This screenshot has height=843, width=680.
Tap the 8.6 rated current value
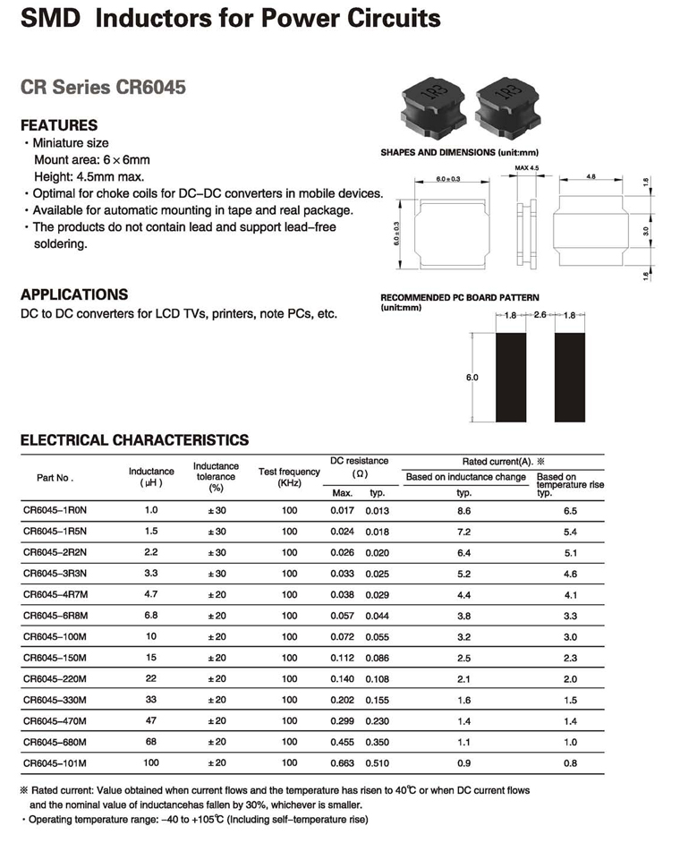click(x=464, y=510)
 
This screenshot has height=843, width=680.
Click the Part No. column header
click(x=55, y=478)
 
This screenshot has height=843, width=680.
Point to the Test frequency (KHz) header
click(x=289, y=477)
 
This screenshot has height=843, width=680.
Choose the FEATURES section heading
click(x=59, y=125)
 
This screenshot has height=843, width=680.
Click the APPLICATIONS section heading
click(x=74, y=294)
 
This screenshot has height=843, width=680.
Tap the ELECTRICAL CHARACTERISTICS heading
click(x=134, y=440)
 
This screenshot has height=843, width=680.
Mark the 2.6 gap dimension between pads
click(x=540, y=315)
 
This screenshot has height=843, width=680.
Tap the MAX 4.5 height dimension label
click(x=527, y=168)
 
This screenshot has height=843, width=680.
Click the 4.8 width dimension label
click(x=591, y=176)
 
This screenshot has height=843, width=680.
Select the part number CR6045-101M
click(x=55, y=763)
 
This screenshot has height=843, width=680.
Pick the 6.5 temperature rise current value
click(x=570, y=510)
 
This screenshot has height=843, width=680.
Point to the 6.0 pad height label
click(x=472, y=378)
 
